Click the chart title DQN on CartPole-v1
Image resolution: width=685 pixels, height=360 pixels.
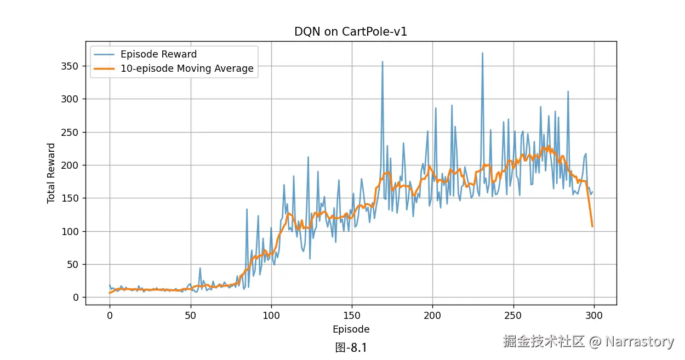click(351, 32)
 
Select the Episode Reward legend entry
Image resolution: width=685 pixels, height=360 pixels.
click(158, 54)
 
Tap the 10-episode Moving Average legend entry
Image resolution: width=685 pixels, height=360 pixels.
click(187, 68)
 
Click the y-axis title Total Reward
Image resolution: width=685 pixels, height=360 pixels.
click(51, 173)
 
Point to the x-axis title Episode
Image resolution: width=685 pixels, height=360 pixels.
click(351, 329)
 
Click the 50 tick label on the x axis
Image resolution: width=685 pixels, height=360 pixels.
click(190, 316)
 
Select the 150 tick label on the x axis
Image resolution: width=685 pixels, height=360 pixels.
click(352, 316)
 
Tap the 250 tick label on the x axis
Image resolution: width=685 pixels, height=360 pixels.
click(513, 316)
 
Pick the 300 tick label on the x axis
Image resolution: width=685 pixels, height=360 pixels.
click(594, 316)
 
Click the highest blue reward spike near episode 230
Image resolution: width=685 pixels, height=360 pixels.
click(482, 53)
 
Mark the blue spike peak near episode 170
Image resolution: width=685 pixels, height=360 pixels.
click(383, 62)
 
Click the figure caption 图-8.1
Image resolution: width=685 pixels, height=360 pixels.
click(351, 347)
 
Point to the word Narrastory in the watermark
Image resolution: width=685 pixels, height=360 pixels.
click(640, 342)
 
